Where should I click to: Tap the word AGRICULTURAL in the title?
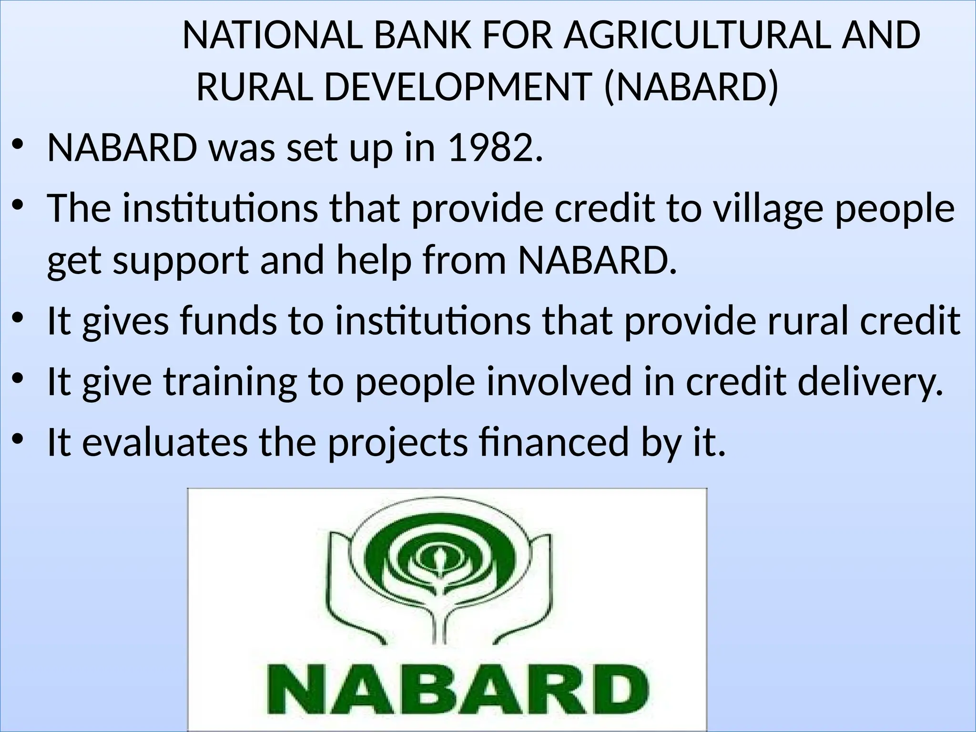click(x=696, y=36)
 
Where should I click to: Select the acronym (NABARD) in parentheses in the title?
click(x=691, y=88)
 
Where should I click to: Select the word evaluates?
click(x=165, y=442)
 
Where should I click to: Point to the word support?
click(x=181, y=262)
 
